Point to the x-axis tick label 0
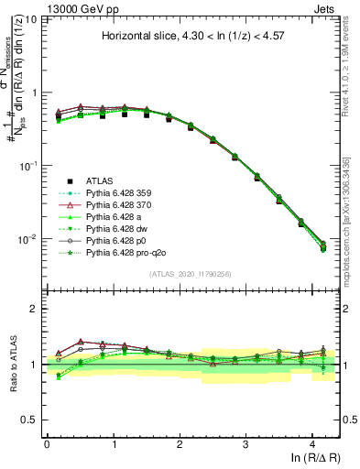(x=47, y=442)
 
